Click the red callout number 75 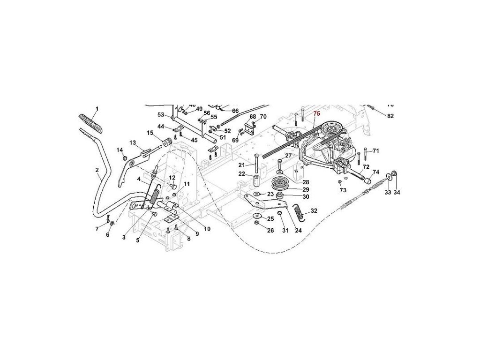[x=316, y=114]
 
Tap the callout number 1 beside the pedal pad [x=97, y=109]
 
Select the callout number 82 [x=391, y=115]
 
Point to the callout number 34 [x=397, y=192]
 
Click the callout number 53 [x=161, y=115]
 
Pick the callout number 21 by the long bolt [x=241, y=165]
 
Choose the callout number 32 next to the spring [x=314, y=211]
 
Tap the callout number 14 [x=120, y=150]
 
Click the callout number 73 [x=343, y=190]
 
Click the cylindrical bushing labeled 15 [x=165, y=142]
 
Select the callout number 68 [x=253, y=117]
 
